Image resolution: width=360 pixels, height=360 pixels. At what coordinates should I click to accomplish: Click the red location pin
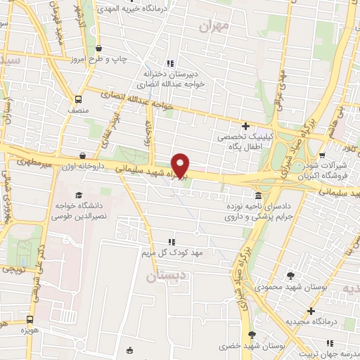[181, 165]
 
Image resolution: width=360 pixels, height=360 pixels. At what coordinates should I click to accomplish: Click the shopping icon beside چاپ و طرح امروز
[98, 49]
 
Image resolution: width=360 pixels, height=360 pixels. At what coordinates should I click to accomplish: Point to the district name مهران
[215, 27]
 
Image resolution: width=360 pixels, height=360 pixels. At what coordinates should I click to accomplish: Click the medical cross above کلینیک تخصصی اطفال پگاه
[245, 125]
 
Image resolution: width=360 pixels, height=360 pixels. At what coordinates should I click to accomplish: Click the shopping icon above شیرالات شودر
[322, 155]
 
